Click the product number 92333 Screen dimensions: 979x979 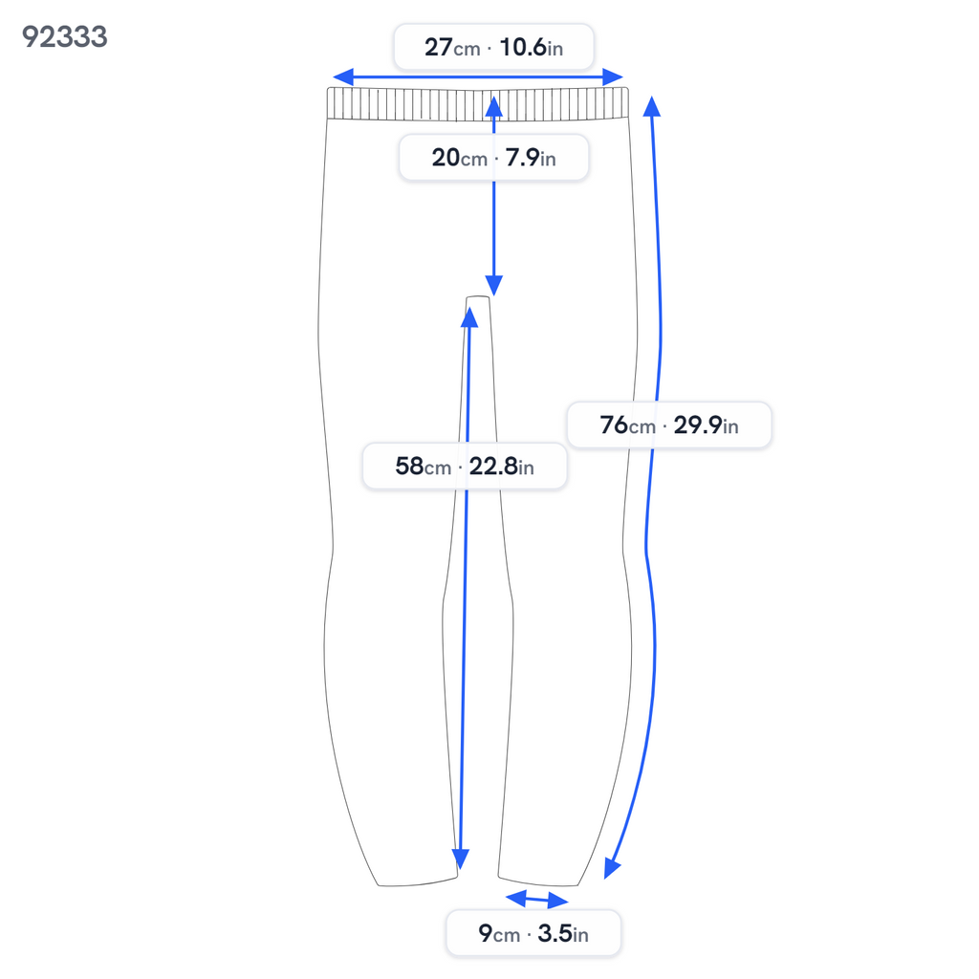click(65, 37)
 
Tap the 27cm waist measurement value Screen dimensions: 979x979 click(452, 48)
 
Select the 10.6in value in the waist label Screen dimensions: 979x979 click(532, 48)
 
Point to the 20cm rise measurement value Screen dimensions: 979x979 click(460, 158)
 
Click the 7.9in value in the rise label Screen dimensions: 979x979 click(531, 158)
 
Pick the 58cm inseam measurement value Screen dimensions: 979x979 click(424, 467)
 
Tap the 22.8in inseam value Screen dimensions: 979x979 click(501, 467)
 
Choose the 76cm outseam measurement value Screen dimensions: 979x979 click(628, 425)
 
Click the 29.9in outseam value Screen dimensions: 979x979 click(707, 425)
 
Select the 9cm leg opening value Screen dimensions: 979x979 click(499, 934)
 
